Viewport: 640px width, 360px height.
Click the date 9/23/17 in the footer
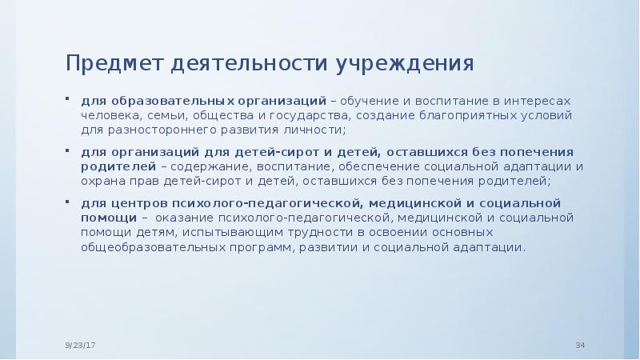[x=80, y=345]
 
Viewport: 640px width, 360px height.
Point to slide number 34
[x=581, y=345]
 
